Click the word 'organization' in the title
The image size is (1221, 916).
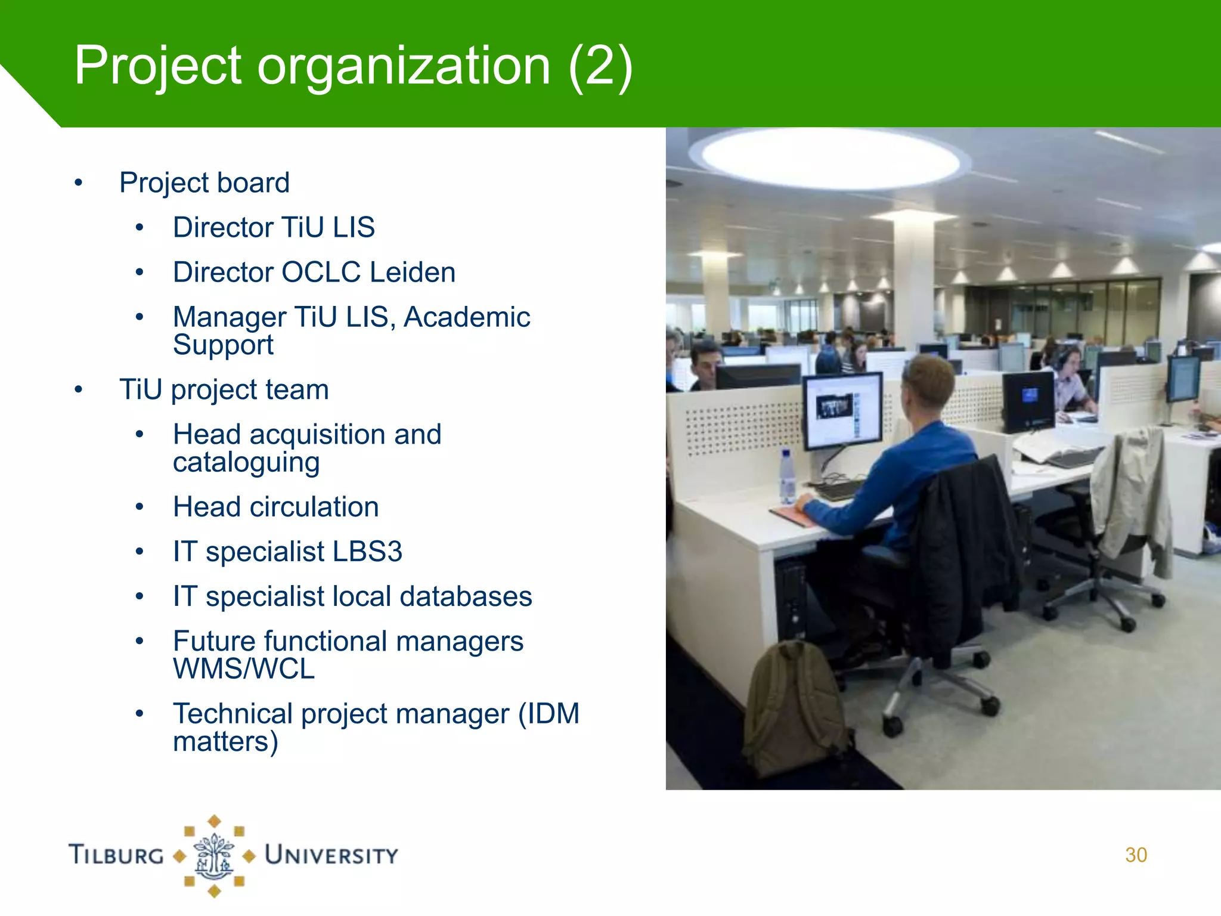pyautogui.click(x=404, y=67)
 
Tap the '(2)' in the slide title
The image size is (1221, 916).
pyautogui.click(x=600, y=67)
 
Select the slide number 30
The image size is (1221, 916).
pyautogui.click(x=1136, y=855)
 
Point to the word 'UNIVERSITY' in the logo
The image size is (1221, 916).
pyautogui.click(x=331, y=855)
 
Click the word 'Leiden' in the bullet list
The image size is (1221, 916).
pyautogui.click(x=413, y=273)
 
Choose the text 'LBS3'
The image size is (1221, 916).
pyautogui.click(x=367, y=552)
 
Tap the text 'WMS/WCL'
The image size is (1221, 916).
pyautogui.click(x=244, y=669)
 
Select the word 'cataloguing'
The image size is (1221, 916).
pyautogui.click(x=246, y=463)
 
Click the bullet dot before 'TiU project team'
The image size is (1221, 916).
pyautogui.click(x=79, y=390)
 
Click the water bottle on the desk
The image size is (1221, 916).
pyautogui.click(x=788, y=477)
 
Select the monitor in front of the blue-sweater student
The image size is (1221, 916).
pyautogui.click(x=842, y=410)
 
